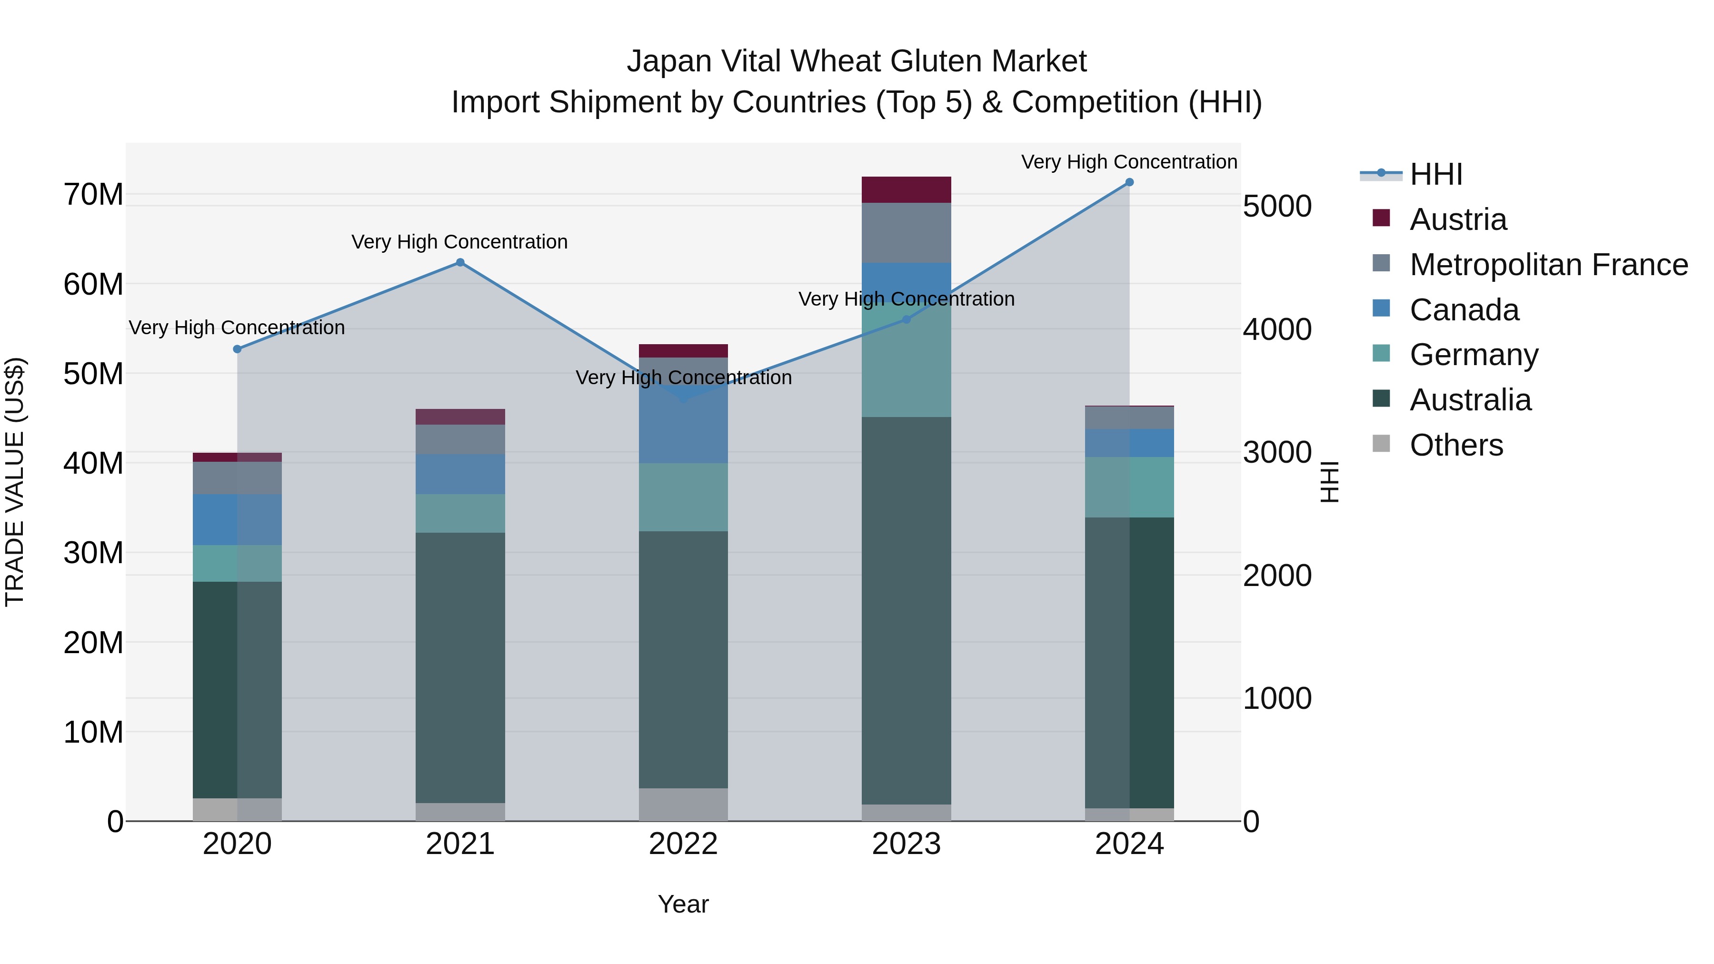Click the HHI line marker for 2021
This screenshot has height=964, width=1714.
(460, 263)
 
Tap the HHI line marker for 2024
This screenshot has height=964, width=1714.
(1129, 182)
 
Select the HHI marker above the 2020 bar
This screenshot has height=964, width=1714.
(238, 349)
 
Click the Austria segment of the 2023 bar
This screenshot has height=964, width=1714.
(906, 189)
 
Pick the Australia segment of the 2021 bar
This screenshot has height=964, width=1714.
(460, 667)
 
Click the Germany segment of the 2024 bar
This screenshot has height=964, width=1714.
(1129, 487)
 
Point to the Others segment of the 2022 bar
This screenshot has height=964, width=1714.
(683, 805)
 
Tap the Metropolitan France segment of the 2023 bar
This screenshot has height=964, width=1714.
(906, 233)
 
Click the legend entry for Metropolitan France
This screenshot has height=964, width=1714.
(1548, 265)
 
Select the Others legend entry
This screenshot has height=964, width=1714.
(1456, 445)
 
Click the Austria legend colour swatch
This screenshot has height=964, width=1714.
(1381, 218)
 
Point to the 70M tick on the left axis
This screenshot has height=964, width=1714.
(93, 195)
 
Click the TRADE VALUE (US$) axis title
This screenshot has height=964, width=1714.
(15, 482)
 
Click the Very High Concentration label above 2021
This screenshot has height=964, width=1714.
(460, 242)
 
